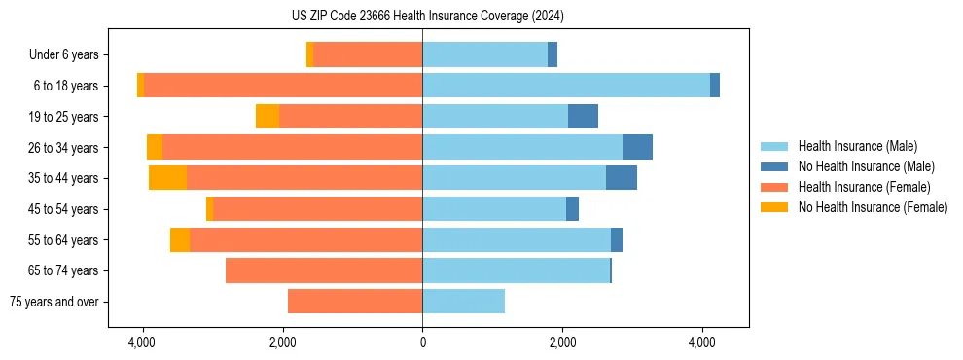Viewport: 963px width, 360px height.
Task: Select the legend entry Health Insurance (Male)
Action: click(857, 146)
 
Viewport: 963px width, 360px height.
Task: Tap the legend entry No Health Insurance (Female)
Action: click(873, 207)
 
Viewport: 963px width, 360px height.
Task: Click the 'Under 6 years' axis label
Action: click(64, 55)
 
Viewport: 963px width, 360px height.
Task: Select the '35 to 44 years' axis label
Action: click(65, 178)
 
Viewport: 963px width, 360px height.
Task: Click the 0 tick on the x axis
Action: click(422, 343)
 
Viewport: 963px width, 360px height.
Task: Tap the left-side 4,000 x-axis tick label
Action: click(143, 343)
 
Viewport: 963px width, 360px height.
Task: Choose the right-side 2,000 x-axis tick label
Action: click(562, 343)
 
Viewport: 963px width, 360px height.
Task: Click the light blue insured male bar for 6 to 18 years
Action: click(566, 86)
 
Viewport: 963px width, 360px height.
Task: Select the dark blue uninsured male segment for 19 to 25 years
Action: click(583, 117)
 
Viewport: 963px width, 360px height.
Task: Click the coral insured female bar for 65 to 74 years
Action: click(324, 270)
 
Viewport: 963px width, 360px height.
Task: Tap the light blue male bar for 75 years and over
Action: click(463, 302)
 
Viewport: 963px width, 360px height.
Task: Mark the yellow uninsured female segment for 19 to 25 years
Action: click(267, 117)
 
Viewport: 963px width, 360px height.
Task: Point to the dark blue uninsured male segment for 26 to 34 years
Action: click(637, 147)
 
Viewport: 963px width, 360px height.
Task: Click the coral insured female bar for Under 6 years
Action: click(368, 55)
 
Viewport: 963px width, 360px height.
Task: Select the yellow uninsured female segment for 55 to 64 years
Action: click(180, 240)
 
